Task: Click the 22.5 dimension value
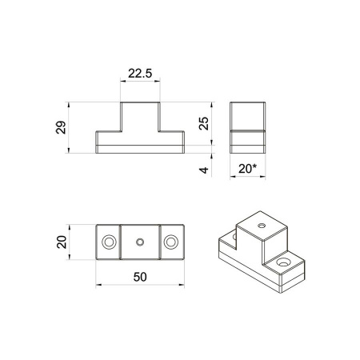[x=140, y=74]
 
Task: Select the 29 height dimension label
[x=61, y=127]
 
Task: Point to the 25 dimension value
[x=204, y=123]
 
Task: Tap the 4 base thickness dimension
[x=204, y=170]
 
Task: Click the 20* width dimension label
[x=247, y=169]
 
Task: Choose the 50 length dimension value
[x=140, y=277]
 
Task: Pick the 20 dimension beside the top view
[x=62, y=242]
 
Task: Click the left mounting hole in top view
[x=109, y=242]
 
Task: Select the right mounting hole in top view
[x=170, y=242]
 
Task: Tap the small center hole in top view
[x=140, y=242]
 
